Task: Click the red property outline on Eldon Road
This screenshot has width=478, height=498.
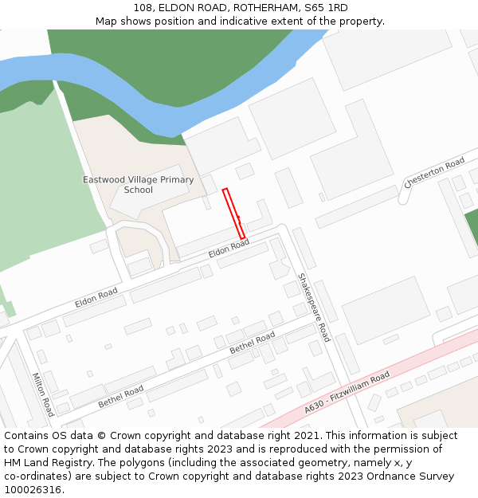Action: [233, 213]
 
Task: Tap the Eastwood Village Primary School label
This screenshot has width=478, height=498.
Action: [139, 185]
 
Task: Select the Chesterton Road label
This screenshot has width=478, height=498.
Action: [434, 172]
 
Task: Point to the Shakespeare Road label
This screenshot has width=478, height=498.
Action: [313, 308]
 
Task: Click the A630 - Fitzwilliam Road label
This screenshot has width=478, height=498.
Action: [347, 392]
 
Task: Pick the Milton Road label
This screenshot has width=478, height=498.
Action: [43, 394]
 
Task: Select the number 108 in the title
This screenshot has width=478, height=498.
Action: [144, 8]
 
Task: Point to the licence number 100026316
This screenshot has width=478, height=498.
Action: [33, 490]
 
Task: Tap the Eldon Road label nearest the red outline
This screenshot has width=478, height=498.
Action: [229, 248]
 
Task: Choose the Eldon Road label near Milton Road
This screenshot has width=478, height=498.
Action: [96, 298]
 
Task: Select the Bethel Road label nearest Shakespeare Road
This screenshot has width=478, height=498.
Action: [252, 343]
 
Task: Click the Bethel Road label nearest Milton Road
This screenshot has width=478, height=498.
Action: [121, 397]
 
